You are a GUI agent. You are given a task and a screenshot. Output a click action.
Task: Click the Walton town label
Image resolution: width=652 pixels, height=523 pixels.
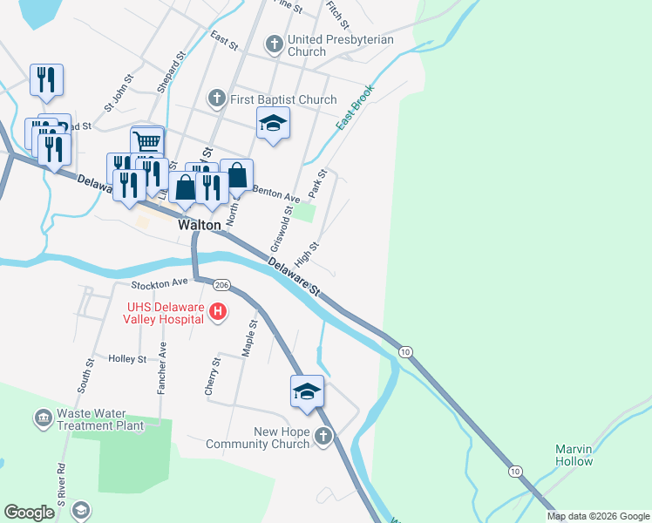tap(199, 225)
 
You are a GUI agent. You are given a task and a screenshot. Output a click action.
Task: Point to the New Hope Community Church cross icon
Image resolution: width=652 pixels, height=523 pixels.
tap(323, 435)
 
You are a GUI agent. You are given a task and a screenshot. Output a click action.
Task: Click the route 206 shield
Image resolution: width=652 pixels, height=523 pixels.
tap(221, 285)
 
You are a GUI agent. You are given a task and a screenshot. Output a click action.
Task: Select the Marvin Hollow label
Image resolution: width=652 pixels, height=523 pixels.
tap(574, 455)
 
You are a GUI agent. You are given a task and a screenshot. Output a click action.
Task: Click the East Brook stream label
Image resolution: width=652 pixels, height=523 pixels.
tap(356, 107)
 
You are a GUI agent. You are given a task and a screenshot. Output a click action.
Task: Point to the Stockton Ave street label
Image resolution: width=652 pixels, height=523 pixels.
tap(160, 283)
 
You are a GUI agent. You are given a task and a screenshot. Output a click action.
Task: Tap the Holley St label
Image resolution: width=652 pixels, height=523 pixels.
tap(127, 358)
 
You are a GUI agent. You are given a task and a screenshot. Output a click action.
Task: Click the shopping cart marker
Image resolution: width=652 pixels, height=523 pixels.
tap(147, 141)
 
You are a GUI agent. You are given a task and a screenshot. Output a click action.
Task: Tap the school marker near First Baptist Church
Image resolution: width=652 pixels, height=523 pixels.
tap(273, 125)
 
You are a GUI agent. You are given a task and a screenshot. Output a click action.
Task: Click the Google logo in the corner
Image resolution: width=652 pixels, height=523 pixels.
tap(29, 513)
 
